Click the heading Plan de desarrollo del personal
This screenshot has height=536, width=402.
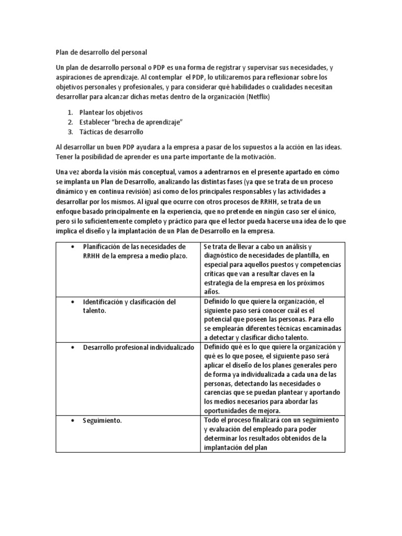[x=102, y=52]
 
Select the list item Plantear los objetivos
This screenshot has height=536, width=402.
[x=110, y=113]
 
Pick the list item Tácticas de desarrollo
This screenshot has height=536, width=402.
[x=111, y=131]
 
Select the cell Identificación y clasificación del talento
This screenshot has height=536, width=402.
[x=129, y=306]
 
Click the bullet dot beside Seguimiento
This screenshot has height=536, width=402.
[x=71, y=420]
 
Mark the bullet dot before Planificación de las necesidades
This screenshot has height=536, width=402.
[x=71, y=246]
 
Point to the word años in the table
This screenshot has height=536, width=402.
[x=213, y=292]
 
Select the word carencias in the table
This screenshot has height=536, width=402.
[x=221, y=393]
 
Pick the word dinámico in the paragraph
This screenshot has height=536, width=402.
[x=72, y=191]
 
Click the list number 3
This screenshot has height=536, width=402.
[x=71, y=131]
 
